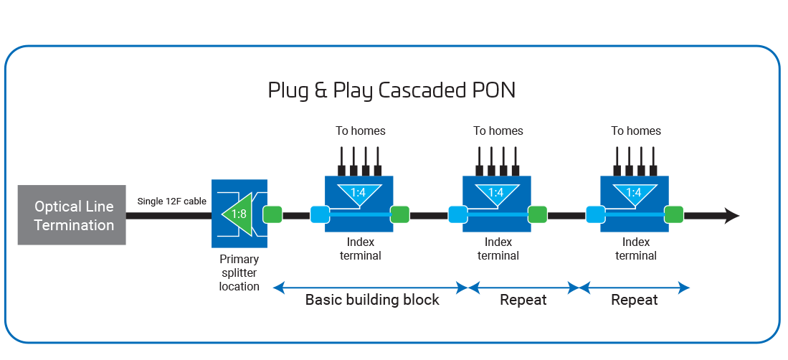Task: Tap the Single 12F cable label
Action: (172, 202)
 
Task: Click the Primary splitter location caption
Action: (239, 273)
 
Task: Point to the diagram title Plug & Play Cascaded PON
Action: (391, 91)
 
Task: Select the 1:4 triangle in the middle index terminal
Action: (496, 193)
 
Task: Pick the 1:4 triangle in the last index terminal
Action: (634, 193)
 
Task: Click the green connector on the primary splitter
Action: (272, 214)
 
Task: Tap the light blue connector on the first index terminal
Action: (320, 214)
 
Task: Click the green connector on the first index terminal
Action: (399, 214)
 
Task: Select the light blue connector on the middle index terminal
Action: (457, 214)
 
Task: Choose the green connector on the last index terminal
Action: (674, 214)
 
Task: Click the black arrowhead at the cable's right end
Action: (731, 215)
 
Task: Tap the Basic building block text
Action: (372, 300)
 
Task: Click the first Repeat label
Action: (523, 300)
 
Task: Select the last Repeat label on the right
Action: (635, 300)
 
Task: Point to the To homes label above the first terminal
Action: (361, 131)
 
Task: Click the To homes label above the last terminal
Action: (636, 131)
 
